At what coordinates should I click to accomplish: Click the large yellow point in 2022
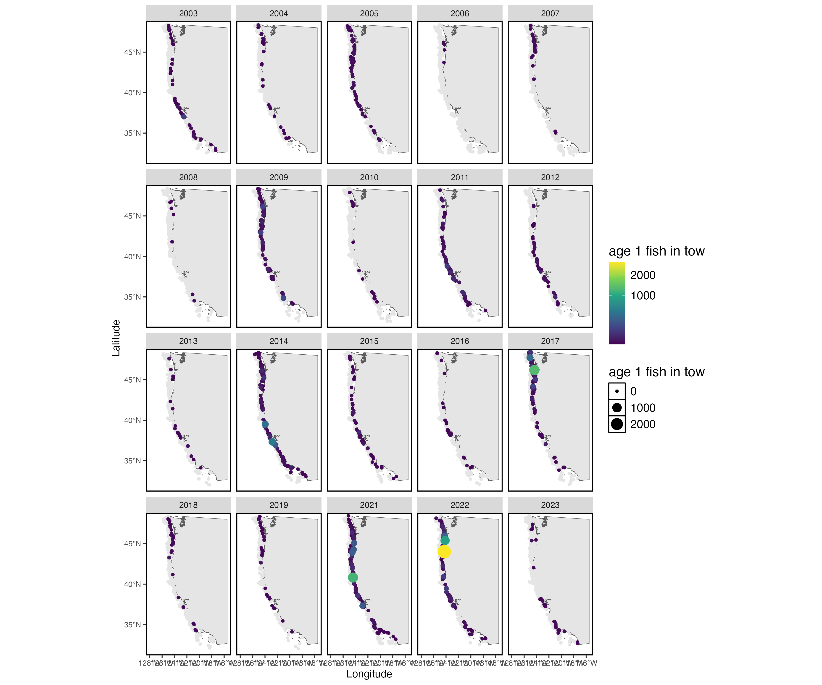click(444, 551)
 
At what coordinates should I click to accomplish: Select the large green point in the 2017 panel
click(534, 370)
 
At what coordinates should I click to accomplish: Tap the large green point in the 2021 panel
click(353, 577)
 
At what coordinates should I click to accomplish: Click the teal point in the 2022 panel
click(445, 540)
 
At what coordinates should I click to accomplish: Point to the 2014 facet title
click(279, 341)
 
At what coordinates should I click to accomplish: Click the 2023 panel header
click(550, 505)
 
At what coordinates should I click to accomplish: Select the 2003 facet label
click(188, 13)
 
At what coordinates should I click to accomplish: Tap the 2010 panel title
click(369, 177)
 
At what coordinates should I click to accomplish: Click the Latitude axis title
click(116, 338)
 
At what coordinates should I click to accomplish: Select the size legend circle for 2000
click(617, 424)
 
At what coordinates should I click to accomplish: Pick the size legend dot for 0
click(617, 391)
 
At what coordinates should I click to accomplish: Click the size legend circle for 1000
click(617, 408)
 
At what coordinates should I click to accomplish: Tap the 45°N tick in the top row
click(132, 52)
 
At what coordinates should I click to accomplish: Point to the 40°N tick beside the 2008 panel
click(132, 256)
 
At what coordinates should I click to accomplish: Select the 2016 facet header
click(460, 341)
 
